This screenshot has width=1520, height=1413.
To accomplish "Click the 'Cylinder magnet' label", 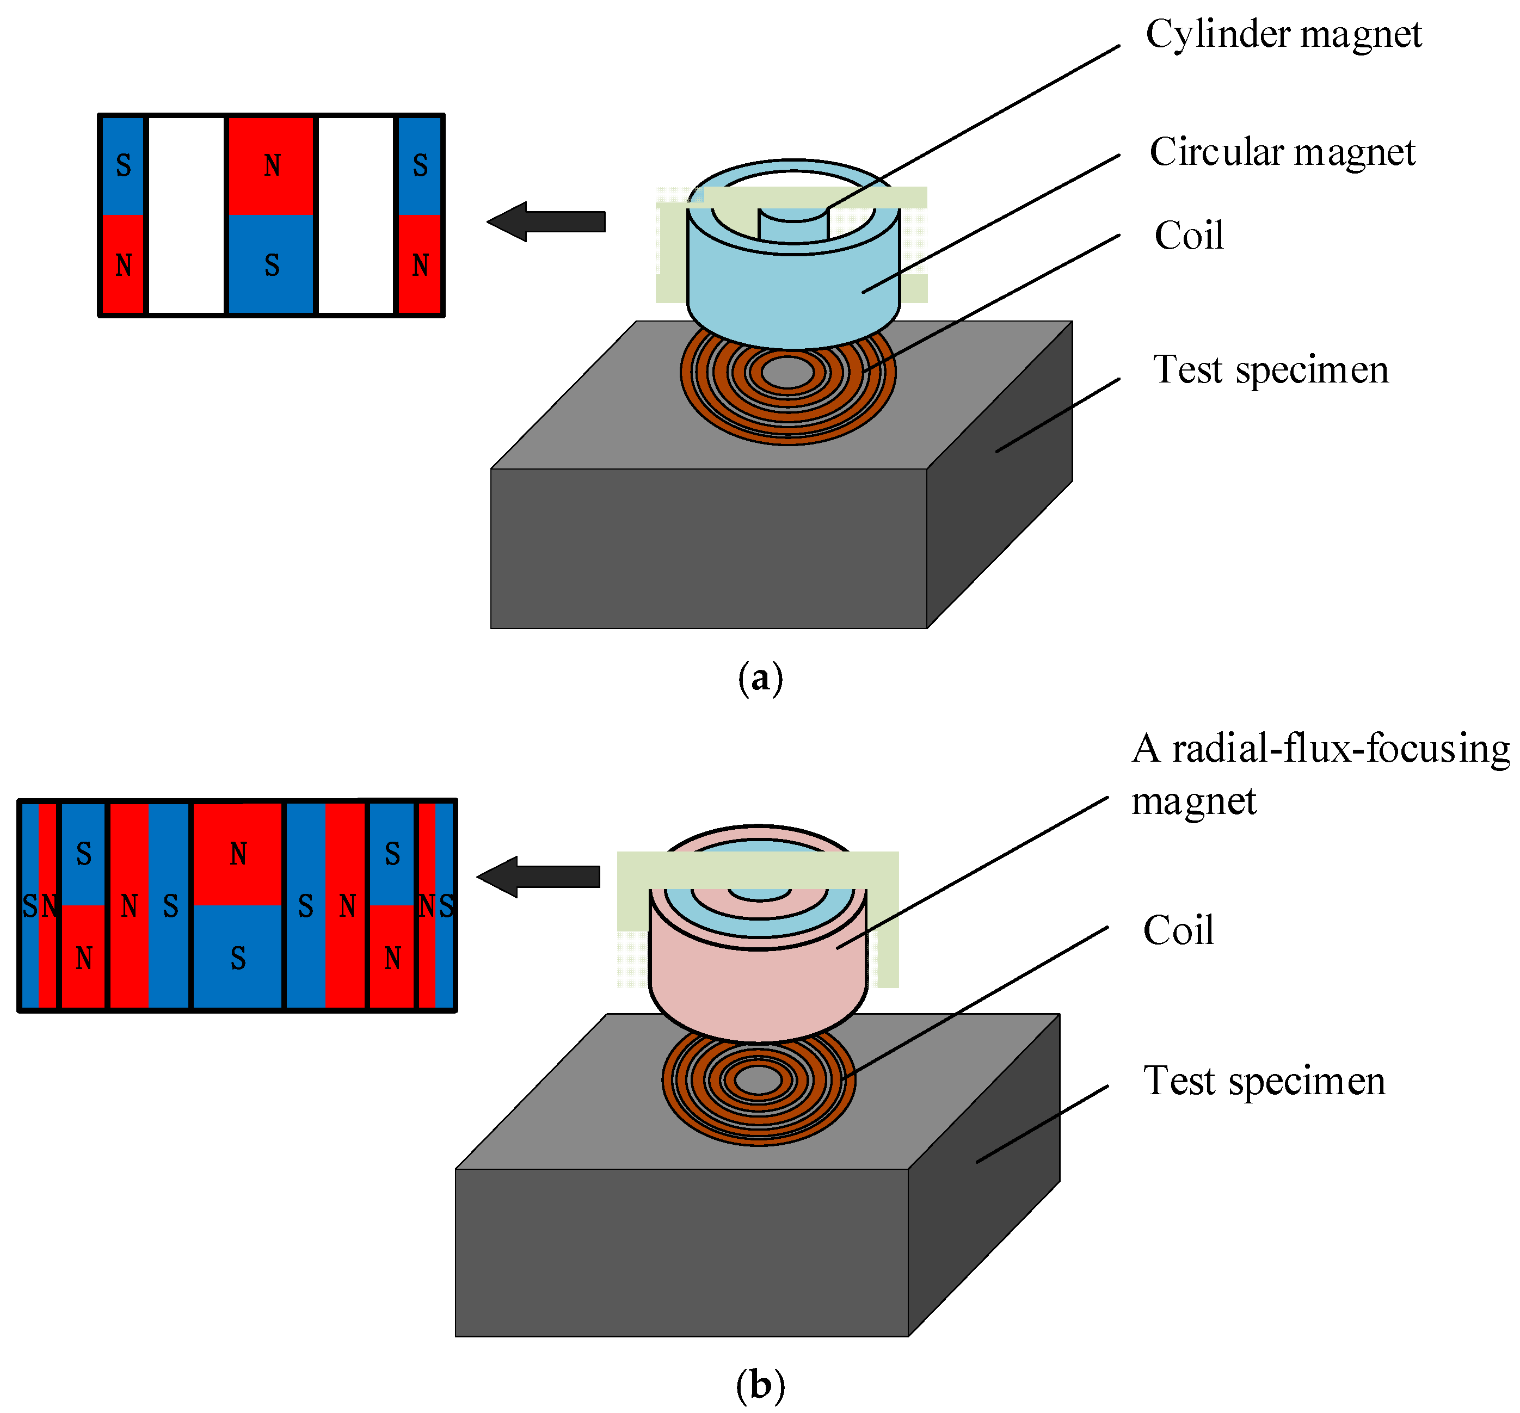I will coord(1283,34).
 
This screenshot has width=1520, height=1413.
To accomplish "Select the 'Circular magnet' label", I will coord(1282,152).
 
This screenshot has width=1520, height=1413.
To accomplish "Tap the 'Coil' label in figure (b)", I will coord(1178,930).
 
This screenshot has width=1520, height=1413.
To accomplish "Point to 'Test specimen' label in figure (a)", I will coord(1270,370).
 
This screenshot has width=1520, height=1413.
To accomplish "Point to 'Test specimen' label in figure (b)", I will coord(1263,1081).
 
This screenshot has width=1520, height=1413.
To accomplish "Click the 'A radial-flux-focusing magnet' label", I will coord(1319,774).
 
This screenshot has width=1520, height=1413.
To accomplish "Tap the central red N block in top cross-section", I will coord(272,166).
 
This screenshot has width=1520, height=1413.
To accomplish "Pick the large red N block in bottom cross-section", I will coord(238,854).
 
